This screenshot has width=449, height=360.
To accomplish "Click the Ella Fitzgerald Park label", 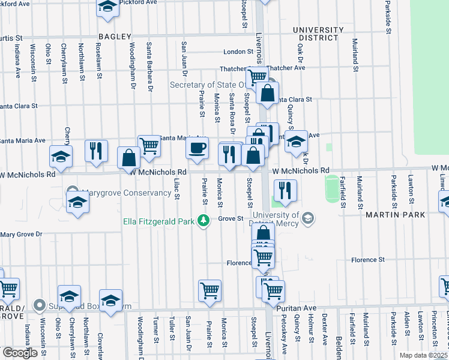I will [158, 221].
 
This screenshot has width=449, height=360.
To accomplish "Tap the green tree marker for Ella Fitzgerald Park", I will [204, 221].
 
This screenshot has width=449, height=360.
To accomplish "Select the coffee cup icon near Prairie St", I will [197, 148].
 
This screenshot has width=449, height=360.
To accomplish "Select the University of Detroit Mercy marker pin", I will [308, 217].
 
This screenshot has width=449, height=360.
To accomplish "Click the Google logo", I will [19, 352].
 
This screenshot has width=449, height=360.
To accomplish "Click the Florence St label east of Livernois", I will [368, 260].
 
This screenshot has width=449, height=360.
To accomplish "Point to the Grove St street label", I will [230, 218].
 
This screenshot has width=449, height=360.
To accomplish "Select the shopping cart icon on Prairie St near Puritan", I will [209, 290].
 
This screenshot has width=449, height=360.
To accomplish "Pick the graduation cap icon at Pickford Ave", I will [107, 7].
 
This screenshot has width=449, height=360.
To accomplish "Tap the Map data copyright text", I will [424, 355].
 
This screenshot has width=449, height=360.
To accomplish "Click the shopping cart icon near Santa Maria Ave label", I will [149, 145].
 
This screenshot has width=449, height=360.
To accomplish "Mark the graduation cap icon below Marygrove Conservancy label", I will [78, 203].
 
